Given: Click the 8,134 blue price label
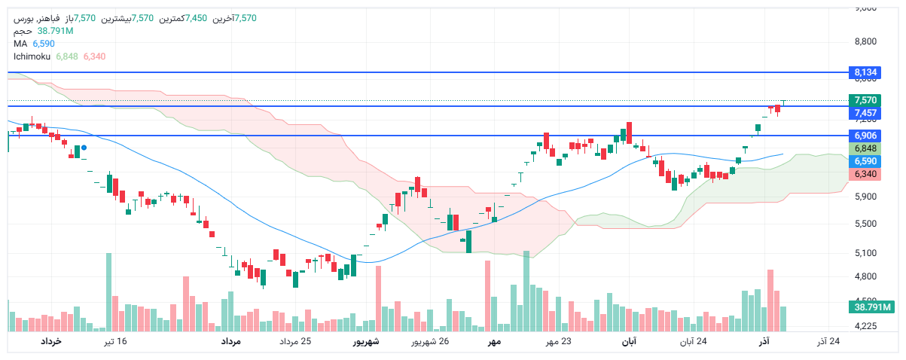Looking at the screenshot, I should pos(865,72).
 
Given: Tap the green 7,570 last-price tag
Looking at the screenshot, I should pos(865,100).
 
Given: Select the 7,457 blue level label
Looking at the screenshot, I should pos(865,113).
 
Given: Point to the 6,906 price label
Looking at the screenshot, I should pos(865,136).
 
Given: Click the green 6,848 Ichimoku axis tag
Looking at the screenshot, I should pos(865,148).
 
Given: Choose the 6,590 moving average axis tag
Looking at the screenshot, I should pos(865,161).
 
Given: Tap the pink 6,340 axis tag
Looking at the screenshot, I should pos(865,174).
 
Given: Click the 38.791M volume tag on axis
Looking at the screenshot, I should pos(873,307).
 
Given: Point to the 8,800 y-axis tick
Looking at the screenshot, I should pos(865,41).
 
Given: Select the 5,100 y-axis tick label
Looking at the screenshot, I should pos(865,252).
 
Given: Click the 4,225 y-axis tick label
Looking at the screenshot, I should pos(865,326).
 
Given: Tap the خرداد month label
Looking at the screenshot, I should pos(50,342).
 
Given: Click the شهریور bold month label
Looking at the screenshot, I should pos(367,342).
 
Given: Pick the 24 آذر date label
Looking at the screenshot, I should pos(828,342).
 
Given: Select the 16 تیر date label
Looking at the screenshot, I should pos(115,342).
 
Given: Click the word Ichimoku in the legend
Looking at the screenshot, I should pos(32,56).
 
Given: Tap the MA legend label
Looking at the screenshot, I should pos(20,44).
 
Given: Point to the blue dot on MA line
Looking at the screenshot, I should pos(84,148).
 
